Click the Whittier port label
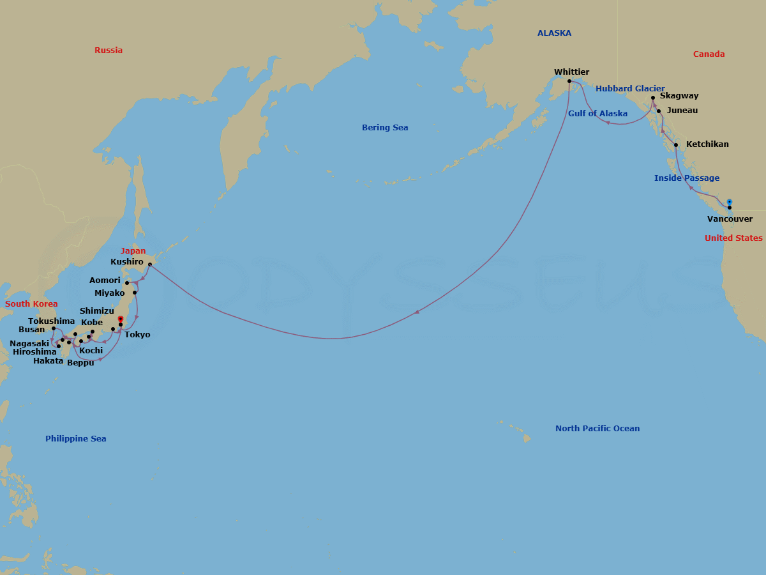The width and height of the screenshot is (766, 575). pyautogui.click(x=571, y=72)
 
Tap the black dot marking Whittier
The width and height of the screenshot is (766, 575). pyautogui.click(x=569, y=81)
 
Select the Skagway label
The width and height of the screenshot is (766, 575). pyautogui.click(x=679, y=96)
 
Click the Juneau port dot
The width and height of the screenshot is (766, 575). pyautogui.click(x=659, y=111)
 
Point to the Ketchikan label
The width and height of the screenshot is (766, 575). pyautogui.click(x=707, y=144)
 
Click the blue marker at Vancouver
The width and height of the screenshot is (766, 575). pyautogui.click(x=729, y=202)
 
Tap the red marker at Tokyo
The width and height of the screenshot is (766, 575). pyautogui.click(x=120, y=319)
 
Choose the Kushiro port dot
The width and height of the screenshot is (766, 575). pyautogui.click(x=149, y=264)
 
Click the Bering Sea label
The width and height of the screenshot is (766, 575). pyautogui.click(x=385, y=128)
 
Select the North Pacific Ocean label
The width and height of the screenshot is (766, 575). pyautogui.click(x=597, y=429)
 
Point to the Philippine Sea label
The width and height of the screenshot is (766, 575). pyautogui.click(x=75, y=439)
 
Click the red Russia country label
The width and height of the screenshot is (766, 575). pyautogui.click(x=109, y=50)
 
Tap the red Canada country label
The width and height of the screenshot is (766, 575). pyautogui.click(x=709, y=54)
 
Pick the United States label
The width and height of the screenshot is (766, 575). pyautogui.click(x=733, y=238)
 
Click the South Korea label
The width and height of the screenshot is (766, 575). pyautogui.click(x=31, y=304)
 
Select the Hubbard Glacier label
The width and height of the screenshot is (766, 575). pyautogui.click(x=630, y=89)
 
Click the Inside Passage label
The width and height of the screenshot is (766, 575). pyautogui.click(x=686, y=178)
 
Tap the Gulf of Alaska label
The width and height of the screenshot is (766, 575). pyautogui.click(x=597, y=114)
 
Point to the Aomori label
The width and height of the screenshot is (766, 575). pyautogui.click(x=105, y=280)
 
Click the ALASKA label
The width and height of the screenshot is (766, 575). pyautogui.click(x=554, y=33)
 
